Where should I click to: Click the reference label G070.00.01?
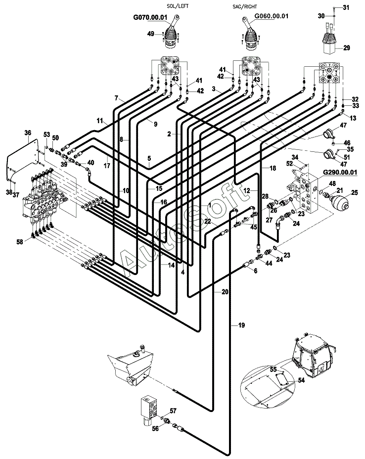150,18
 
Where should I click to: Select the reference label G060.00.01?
272,16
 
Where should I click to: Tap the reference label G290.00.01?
340,172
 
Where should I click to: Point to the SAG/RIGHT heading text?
243,6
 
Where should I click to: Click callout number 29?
347,47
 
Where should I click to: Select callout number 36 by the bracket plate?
28,133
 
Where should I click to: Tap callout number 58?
19,242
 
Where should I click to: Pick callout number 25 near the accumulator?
355,192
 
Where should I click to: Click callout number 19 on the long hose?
241,325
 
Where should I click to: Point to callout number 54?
301,380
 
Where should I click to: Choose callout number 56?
155,428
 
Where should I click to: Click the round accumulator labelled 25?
339,202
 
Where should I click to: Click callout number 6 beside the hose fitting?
256,271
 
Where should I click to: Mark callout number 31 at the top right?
346,7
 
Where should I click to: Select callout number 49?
150,34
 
